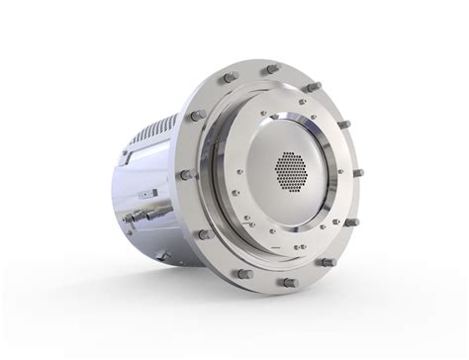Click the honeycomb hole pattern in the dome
289,171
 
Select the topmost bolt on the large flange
270,69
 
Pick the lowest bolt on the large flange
289,282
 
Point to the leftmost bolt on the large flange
184,175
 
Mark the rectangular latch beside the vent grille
126,153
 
